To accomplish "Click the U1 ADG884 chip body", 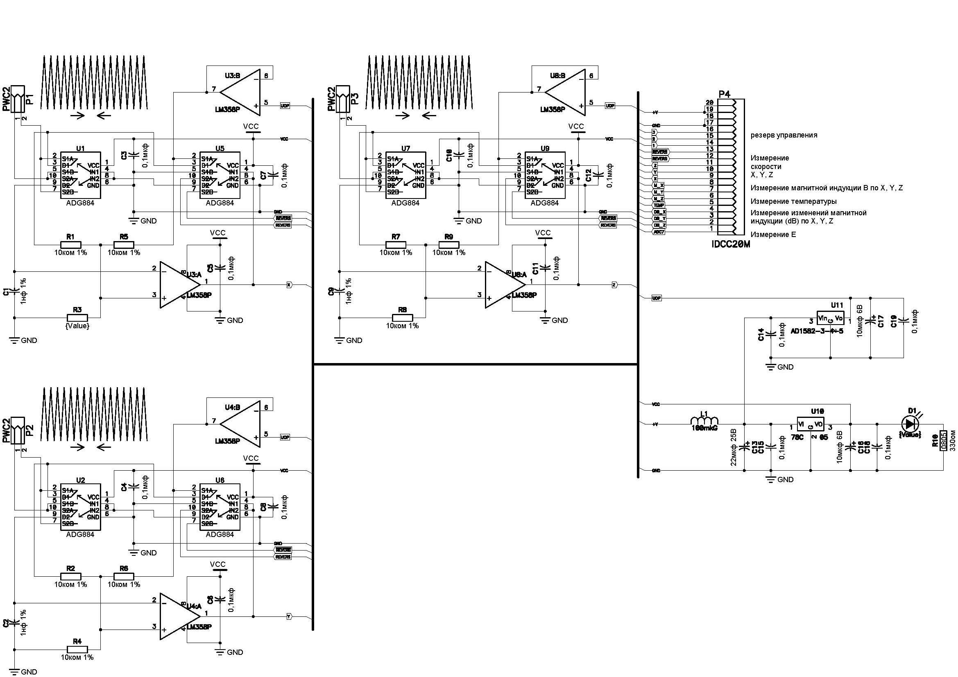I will [81, 175].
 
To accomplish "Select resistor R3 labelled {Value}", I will [77, 318].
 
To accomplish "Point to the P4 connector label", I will [725, 94].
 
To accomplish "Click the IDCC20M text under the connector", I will [731, 244].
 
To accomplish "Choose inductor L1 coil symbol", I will [704, 422].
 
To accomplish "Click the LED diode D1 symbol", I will [910, 424].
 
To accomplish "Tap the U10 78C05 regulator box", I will [811, 424].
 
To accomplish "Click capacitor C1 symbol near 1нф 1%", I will [14, 291].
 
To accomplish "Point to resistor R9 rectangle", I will [448, 245].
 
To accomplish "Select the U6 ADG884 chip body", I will [220, 507].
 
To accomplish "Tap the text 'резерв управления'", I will [784, 135].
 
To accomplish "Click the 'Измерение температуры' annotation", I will [793, 202].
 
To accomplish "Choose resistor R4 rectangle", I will [77, 649].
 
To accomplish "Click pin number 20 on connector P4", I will [709, 103].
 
